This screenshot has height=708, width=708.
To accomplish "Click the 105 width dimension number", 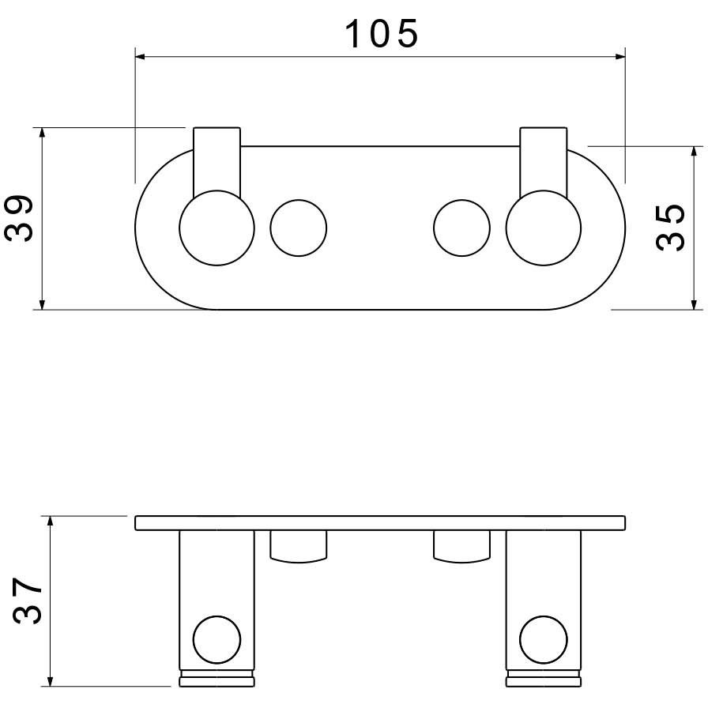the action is tap(382, 34).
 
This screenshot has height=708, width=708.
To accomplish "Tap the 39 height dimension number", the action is tap(19, 219).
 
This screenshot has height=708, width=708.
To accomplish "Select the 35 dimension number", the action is tap(670, 228).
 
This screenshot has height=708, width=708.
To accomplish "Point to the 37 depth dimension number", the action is tap(27, 601).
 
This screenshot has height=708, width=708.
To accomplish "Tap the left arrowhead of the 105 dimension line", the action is tap(140, 57).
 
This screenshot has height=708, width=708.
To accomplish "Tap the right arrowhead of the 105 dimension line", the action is tap(620, 57).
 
